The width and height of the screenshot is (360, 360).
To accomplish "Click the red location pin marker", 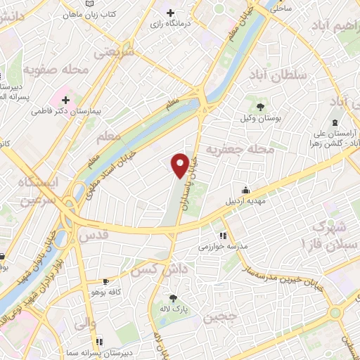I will click(x=180, y=165).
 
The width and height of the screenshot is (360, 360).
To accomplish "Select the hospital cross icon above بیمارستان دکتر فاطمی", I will click(x=65, y=99).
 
